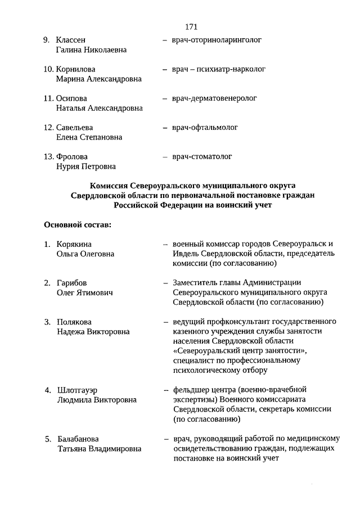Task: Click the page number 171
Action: [x=191, y=26]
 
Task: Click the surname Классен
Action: [x=71, y=40]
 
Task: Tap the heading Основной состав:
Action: [x=78, y=225]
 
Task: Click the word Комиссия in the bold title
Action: [x=109, y=186]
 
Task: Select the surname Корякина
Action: [x=74, y=244]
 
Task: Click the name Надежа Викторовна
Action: [x=93, y=332]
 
